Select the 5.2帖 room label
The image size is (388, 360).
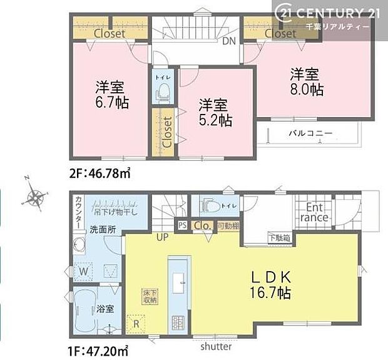[215, 113]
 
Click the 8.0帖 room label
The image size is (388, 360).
[307, 81]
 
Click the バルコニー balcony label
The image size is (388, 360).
[310, 133]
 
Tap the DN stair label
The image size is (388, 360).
[229, 42]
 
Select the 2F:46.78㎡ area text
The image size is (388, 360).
[100, 170]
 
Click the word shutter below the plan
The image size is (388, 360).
[216, 346]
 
